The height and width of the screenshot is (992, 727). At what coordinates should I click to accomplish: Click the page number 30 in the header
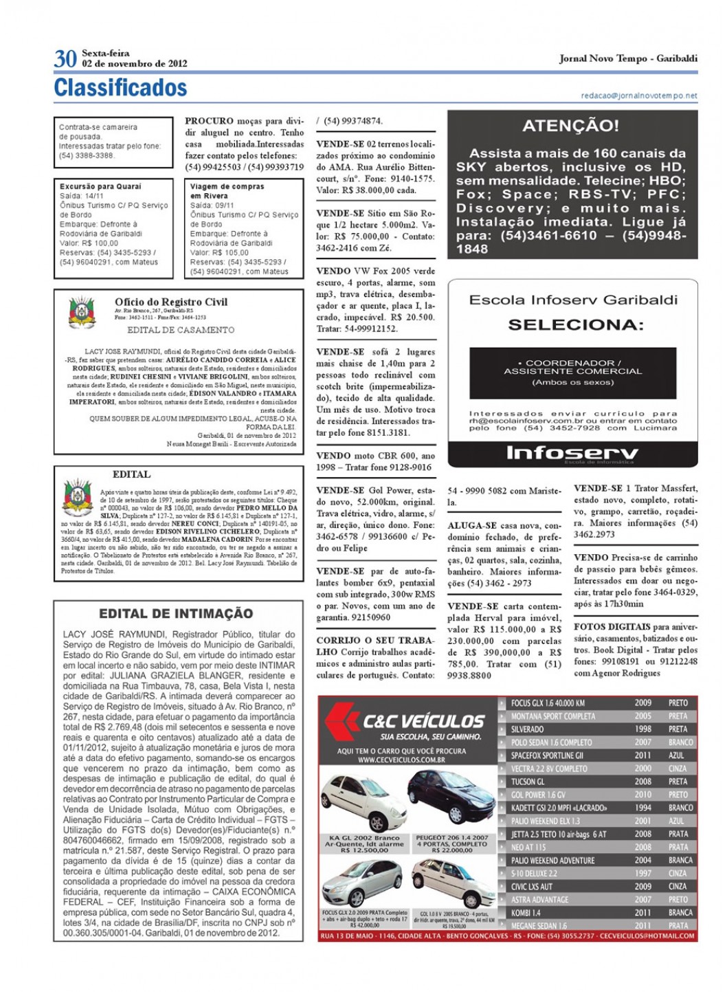click(x=65, y=58)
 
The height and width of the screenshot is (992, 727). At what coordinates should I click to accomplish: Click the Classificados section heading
click(x=120, y=88)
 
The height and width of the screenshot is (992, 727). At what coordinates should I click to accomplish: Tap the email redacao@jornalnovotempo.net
click(x=638, y=96)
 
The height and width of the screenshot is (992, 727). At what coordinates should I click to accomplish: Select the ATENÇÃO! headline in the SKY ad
click(x=570, y=126)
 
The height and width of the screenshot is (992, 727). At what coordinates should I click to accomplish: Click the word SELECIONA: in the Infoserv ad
click(x=575, y=324)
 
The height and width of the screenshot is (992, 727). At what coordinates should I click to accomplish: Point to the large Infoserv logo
click(x=572, y=452)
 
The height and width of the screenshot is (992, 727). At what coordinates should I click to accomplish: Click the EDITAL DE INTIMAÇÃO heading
click(x=176, y=613)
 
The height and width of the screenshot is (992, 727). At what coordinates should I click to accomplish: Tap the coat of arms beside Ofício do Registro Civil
click(x=82, y=313)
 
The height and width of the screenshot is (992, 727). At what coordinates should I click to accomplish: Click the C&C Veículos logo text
click(x=423, y=721)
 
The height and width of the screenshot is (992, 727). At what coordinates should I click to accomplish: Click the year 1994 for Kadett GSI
click(x=642, y=808)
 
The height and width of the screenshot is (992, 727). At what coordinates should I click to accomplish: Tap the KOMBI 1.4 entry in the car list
click(x=526, y=913)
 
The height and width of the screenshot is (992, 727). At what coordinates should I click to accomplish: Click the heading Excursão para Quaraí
click(x=100, y=186)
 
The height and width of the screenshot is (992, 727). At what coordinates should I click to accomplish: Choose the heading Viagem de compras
click(x=227, y=186)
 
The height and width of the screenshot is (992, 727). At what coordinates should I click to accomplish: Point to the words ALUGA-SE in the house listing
click(x=472, y=525)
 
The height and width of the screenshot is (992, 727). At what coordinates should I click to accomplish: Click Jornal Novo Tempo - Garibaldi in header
click(x=628, y=58)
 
